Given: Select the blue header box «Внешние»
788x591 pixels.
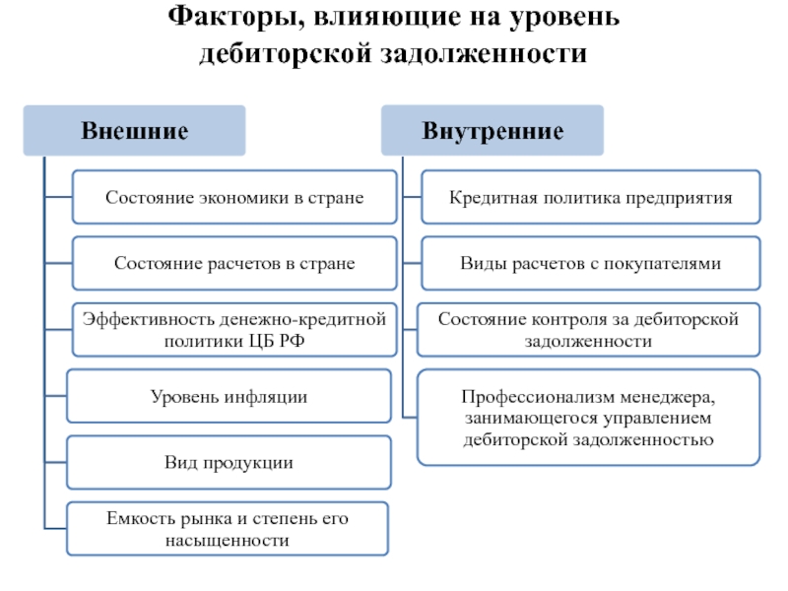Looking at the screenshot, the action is tap(134, 131).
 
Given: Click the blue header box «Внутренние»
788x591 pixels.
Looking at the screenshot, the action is tap(492, 131).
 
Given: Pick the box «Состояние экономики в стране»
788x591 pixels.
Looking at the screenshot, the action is tap(234, 197).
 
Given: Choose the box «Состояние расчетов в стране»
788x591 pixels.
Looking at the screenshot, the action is tap(234, 263).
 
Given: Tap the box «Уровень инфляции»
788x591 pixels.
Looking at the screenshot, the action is tap(229, 397).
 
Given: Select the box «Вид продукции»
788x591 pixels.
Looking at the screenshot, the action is tap(229, 462).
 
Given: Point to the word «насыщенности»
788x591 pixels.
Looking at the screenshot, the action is tap(228, 541).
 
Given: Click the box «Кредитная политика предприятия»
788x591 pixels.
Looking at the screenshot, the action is tap(591, 197).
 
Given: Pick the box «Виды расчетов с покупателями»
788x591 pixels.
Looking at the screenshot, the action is tap(591, 263).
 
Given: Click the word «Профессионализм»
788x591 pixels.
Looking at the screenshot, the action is tap(537, 397).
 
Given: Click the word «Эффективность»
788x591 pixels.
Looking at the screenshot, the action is tap(149, 319).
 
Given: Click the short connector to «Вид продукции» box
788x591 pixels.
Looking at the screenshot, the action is tap(56, 462).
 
